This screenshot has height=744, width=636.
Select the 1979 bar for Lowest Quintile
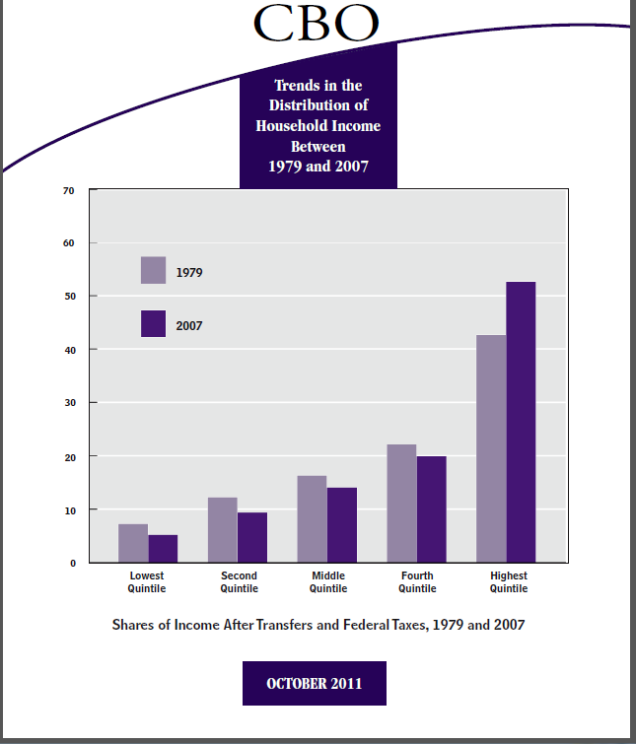coord(133,543)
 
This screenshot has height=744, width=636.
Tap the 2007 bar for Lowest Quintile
coord(163,549)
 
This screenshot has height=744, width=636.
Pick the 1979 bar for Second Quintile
coord(223,530)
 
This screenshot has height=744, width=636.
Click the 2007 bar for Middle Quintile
coord(341,525)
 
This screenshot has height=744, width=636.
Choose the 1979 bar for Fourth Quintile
coord(401,504)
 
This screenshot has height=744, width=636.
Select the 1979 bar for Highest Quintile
coord(491,448)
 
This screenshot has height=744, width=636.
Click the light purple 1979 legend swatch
coord(153,270)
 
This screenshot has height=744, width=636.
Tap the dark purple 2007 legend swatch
coord(153,323)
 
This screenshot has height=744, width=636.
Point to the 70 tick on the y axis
coord(68,189)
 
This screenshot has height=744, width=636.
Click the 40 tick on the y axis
coord(68,350)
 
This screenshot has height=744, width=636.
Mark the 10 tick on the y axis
coord(68,510)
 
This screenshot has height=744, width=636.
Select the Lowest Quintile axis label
coord(147,582)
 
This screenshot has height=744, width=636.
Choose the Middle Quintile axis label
coord(328,582)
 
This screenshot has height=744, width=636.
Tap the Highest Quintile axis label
coord(509,582)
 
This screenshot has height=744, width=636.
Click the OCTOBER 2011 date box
coord(314,683)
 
